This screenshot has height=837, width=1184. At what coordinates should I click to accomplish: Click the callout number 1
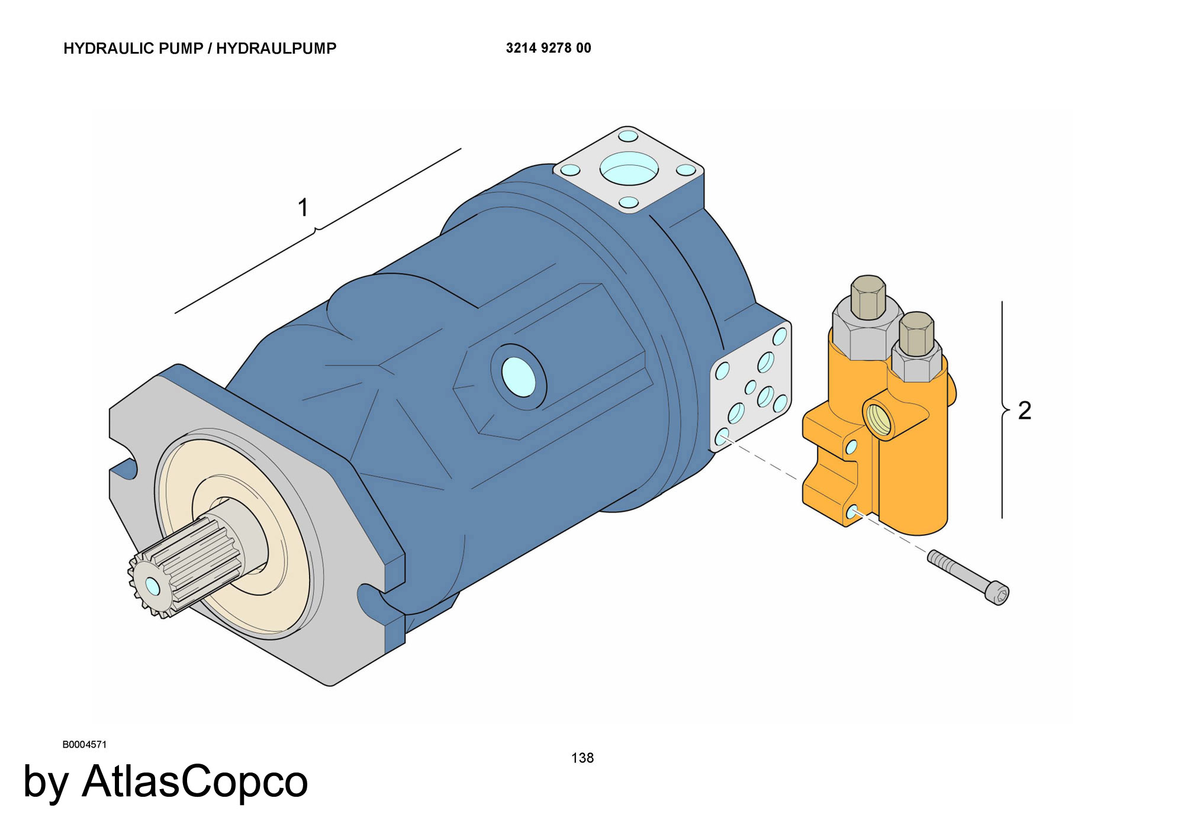(303, 208)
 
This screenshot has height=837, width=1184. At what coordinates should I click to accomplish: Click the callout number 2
(1024, 411)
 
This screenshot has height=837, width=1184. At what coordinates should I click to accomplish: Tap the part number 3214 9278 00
(548, 48)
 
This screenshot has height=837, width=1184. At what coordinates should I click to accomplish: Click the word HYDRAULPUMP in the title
(276, 49)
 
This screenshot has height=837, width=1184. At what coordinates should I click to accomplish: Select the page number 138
(583, 758)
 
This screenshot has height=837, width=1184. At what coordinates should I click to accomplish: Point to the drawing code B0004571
(85, 745)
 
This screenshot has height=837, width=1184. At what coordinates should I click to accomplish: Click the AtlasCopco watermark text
(195, 781)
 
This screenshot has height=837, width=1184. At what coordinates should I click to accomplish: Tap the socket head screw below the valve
(968, 577)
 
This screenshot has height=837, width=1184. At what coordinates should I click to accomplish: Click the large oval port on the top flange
(629, 168)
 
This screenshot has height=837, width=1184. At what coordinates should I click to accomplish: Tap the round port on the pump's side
(518, 376)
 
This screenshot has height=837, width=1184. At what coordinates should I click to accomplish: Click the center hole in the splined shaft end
(152, 586)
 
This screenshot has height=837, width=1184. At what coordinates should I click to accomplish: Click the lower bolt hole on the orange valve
(852, 512)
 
